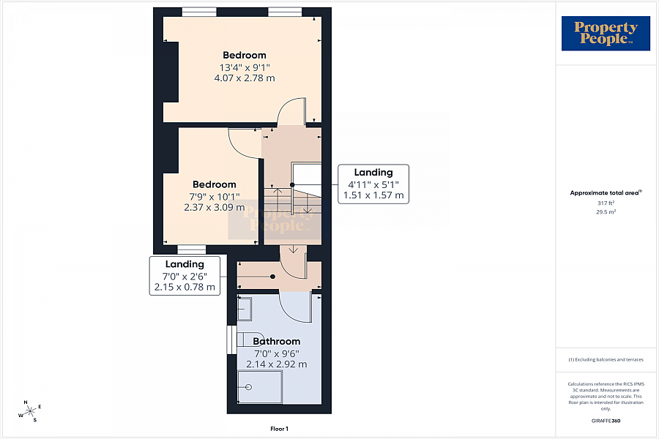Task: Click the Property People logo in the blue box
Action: (606, 33)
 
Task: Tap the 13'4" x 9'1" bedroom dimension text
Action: (245, 67)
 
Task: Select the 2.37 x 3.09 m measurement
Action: (215, 207)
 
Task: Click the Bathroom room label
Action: (277, 341)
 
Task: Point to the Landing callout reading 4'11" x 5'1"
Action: (373, 184)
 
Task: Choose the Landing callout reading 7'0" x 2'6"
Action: (185, 276)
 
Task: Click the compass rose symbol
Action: (29, 411)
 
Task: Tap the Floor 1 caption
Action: (279, 429)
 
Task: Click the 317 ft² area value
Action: (606, 203)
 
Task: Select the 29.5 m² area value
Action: (606, 212)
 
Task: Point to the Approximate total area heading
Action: (606, 193)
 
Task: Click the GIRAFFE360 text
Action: (606, 421)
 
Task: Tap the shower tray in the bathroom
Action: (260, 386)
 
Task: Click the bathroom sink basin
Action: (245, 309)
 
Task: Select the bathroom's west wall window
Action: (232, 339)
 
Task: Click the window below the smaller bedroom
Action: (192, 250)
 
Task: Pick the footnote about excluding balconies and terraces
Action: (606, 359)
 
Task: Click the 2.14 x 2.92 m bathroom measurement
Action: (277, 364)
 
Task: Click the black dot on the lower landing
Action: (273, 277)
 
